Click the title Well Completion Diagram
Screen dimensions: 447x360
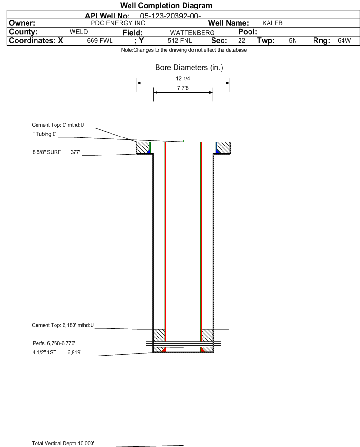tap(166, 6)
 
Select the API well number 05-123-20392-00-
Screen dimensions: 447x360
tap(170, 15)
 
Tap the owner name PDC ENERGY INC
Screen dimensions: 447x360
tap(118, 23)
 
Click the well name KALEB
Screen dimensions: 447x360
tap(272, 23)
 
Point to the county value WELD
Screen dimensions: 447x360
tap(79, 32)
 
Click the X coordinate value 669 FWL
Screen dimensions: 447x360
tap(100, 41)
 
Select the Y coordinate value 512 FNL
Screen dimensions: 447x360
tap(179, 41)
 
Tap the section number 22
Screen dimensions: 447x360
tap(241, 41)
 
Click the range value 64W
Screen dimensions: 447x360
tap(344, 41)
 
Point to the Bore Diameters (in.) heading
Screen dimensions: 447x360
tap(189, 68)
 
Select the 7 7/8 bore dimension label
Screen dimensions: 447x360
tap(183, 88)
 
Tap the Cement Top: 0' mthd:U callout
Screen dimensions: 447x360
tap(58, 125)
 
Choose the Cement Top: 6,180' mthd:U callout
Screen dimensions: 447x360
tap(63, 325)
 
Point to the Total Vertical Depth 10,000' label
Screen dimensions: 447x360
tap(63, 443)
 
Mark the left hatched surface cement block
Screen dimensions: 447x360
tap(142, 148)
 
